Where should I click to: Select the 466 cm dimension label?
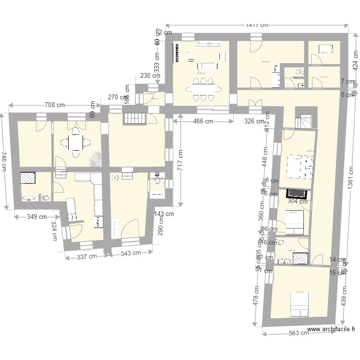click(204, 121)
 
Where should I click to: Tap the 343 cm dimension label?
click(131, 253)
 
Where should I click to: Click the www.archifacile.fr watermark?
click(331, 329)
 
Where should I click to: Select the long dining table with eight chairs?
click(202, 88)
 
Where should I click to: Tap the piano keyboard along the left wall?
click(179, 54)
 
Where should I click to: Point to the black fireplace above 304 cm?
click(297, 193)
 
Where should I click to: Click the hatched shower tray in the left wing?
click(27, 178)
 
